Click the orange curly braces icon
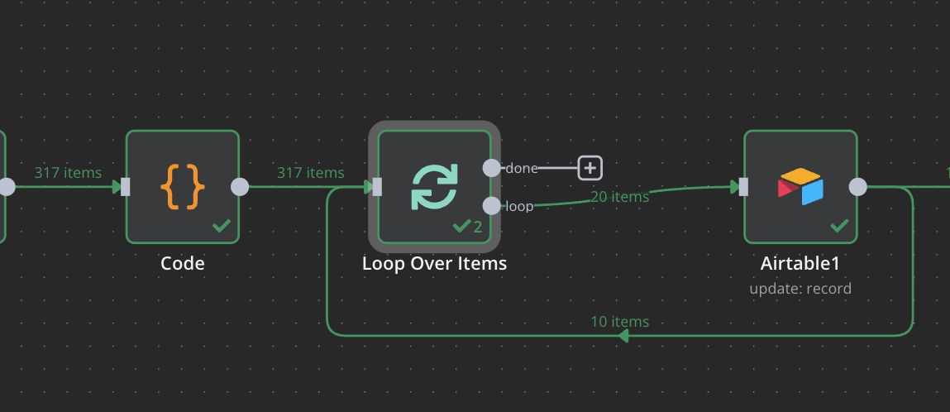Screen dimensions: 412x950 point(182,186)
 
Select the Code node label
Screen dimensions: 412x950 point(182,264)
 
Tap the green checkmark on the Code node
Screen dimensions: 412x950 point(221,225)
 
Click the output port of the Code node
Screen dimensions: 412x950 point(240,187)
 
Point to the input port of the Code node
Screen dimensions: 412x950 point(126,187)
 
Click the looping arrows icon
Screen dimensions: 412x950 point(434,186)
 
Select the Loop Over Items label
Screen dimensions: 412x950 point(434,264)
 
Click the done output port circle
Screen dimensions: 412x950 point(491,168)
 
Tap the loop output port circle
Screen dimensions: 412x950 point(491,205)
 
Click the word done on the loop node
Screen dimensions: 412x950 point(522,168)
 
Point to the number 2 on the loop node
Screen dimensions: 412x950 point(478,227)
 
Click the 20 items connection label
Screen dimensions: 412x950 point(619,197)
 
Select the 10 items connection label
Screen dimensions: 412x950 point(619,321)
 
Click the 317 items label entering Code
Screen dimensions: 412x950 point(68,173)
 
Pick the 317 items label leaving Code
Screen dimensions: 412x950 point(310,173)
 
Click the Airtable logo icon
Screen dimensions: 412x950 point(800,186)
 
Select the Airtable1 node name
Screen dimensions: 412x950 point(800,264)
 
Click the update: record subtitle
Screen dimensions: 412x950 point(800,289)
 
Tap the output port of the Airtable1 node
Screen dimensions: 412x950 point(858,187)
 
